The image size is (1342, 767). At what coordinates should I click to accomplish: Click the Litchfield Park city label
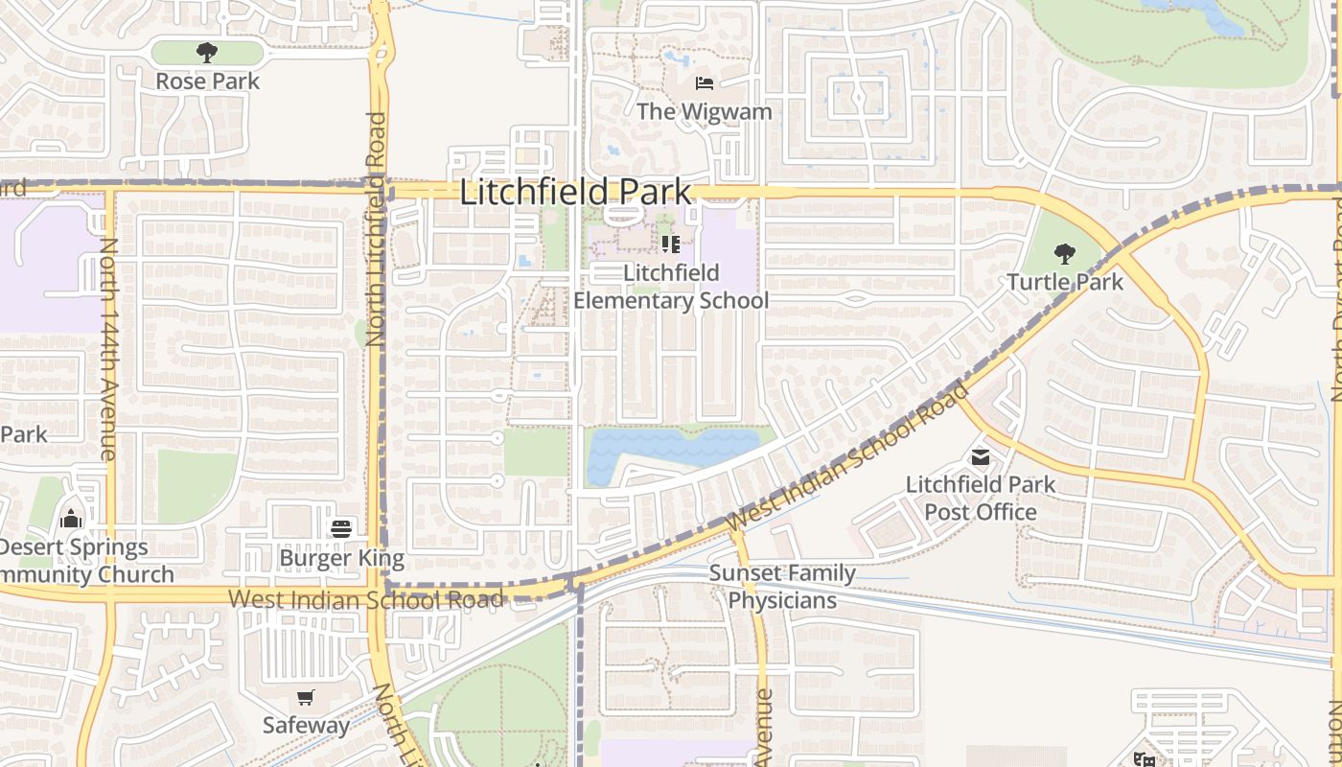pyautogui.click(x=575, y=192)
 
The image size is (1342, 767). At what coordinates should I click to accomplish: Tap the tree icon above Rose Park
pyautogui.click(x=206, y=52)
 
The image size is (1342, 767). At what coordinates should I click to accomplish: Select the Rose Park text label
pyautogui.click(x=207, y=81)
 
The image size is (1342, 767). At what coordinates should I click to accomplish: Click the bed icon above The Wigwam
pyautogui.click(x=704, y=83)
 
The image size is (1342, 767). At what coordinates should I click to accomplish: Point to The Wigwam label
pyautogui.click(x=704, y=112)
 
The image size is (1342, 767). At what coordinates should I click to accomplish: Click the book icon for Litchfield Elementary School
pyautogui.click(x=671, y=244)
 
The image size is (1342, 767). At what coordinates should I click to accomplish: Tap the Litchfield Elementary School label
pyautogui.click(x=671, y=287)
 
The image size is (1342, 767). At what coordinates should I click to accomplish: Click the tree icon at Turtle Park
pyautogui.click(x=1064, y=254)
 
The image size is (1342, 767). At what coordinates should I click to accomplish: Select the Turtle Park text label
pyautogui.click(x=1064, y=283)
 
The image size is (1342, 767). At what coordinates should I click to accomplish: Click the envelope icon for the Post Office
pyautogui.click(x=980, y=457)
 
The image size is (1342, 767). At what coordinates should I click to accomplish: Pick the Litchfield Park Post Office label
pyautogui.click(x=980, y=499)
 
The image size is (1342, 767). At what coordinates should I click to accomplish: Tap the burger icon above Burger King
pyautogui.click(x=341, y=527)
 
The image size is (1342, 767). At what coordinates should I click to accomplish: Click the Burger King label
pyautogui.click(x=341, y=558)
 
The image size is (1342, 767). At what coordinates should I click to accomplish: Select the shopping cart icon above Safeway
pyautogui.click(x=305, y=698)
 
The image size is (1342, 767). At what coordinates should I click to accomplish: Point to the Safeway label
pyautogui.click(x=306, y=726)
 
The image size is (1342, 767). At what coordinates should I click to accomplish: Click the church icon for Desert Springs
pyautogui.click(x=70, y=520)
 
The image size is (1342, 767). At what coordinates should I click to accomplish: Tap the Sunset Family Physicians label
pyautogui.click(x=782, y=587)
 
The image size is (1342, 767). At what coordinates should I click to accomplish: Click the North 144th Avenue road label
pyautogui.click(x=108, y=350)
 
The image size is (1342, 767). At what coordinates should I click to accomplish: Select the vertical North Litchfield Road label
pyautogui.click(x=376, y=230)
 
